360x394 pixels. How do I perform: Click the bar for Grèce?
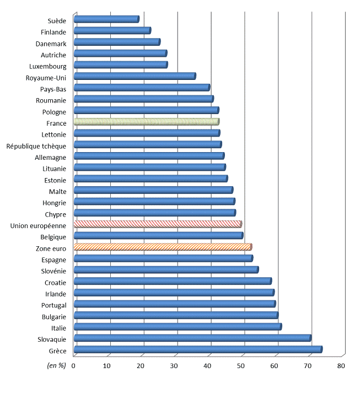[197, 349]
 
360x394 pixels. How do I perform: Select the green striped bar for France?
[146, 122]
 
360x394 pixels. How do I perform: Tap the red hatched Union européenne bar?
[157, 224]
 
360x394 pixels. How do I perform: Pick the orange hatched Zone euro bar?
[162, 247]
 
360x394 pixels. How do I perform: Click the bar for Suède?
[106, 19]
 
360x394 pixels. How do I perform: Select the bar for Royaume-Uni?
[135, 77]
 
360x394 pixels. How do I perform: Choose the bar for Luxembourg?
[120, 65]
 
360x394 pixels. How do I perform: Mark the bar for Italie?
[177, 327]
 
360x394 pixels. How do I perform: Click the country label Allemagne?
[50, 157]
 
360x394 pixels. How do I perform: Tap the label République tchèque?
[36, 146]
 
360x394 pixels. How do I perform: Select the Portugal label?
[53, 305]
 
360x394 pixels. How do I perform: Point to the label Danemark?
[51, 44]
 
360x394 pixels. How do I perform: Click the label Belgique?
[53, 237]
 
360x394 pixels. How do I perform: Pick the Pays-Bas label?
[53, 89]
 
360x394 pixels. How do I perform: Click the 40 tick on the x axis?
[208, 365]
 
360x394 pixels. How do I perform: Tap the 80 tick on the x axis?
[341, 365]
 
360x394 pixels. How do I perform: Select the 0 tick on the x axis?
[73, 365]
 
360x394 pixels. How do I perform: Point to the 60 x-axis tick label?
[275, 365]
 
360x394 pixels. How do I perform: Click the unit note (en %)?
[55, 365]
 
